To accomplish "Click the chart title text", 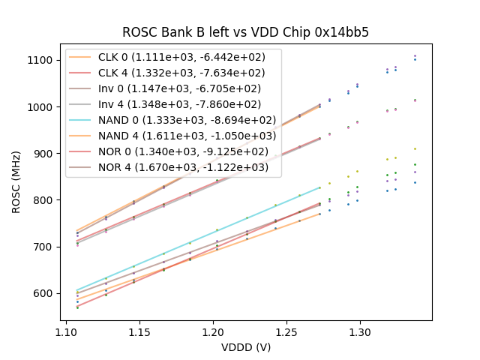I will [246, 32].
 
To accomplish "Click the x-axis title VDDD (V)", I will [246, 347].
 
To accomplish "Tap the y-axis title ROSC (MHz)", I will [16, 179].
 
